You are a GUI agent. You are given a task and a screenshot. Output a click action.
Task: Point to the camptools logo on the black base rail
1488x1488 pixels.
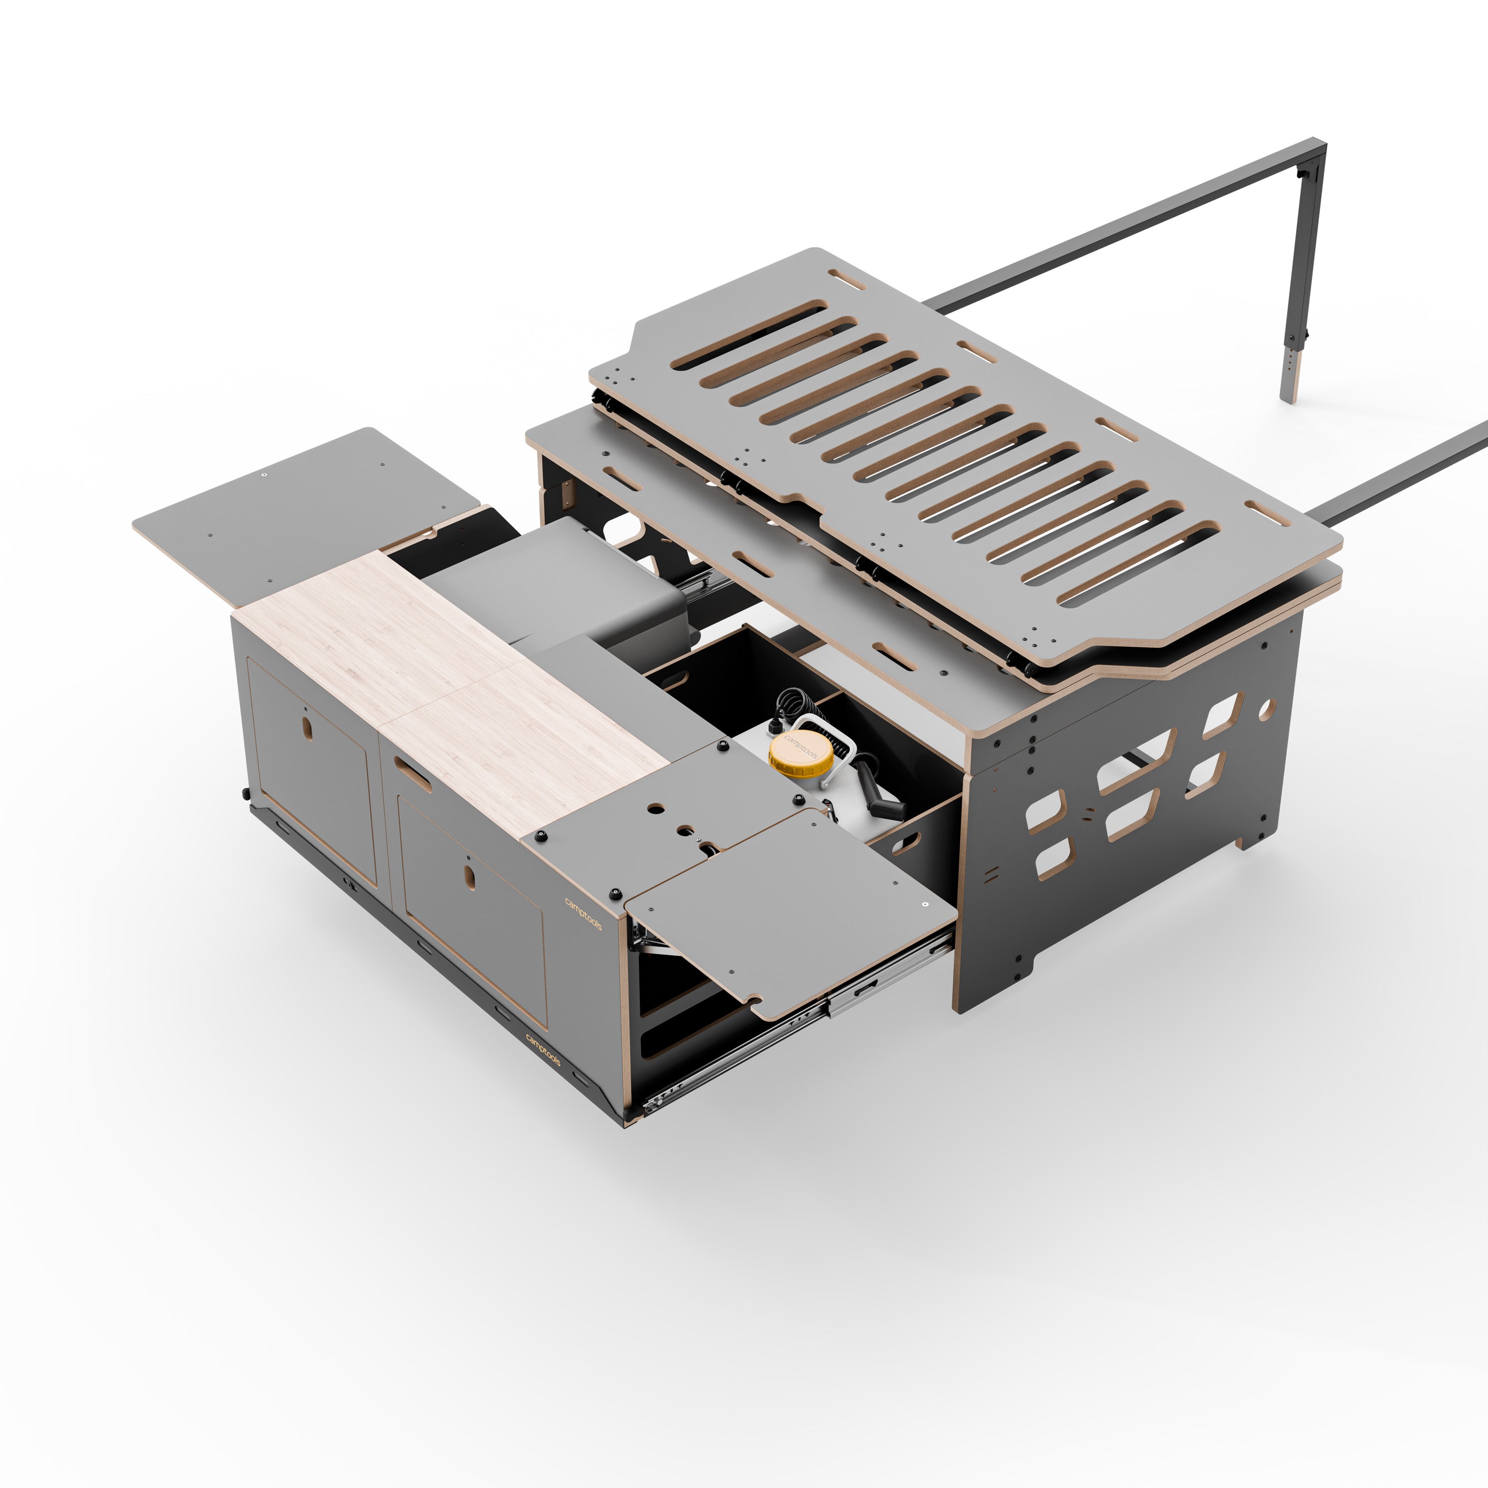tap(543, 1050)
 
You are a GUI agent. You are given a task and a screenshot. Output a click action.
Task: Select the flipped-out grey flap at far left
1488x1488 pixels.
tap(301, 508)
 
